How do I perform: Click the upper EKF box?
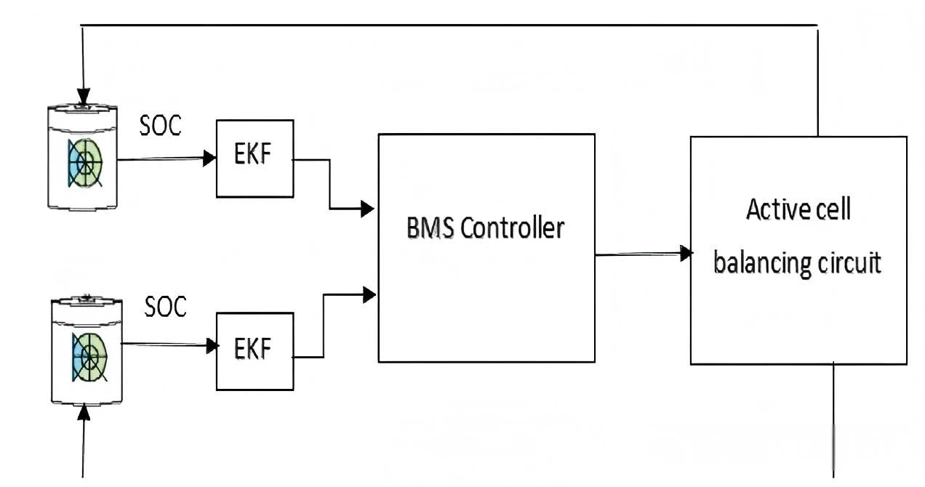[255, 158]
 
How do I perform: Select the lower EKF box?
[255, 351]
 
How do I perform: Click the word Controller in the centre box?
[513, 228]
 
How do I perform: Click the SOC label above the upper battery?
[160, 125]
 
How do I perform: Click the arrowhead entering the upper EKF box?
[209, 158]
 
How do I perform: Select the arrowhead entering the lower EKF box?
[212, 346]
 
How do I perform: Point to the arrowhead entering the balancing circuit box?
[685, 253]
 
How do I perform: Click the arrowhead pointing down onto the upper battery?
[84, 96]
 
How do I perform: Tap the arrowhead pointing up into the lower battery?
[84, 412]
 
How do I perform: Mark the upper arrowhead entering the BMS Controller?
[368, 209]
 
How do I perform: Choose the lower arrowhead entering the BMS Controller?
[369, 294]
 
